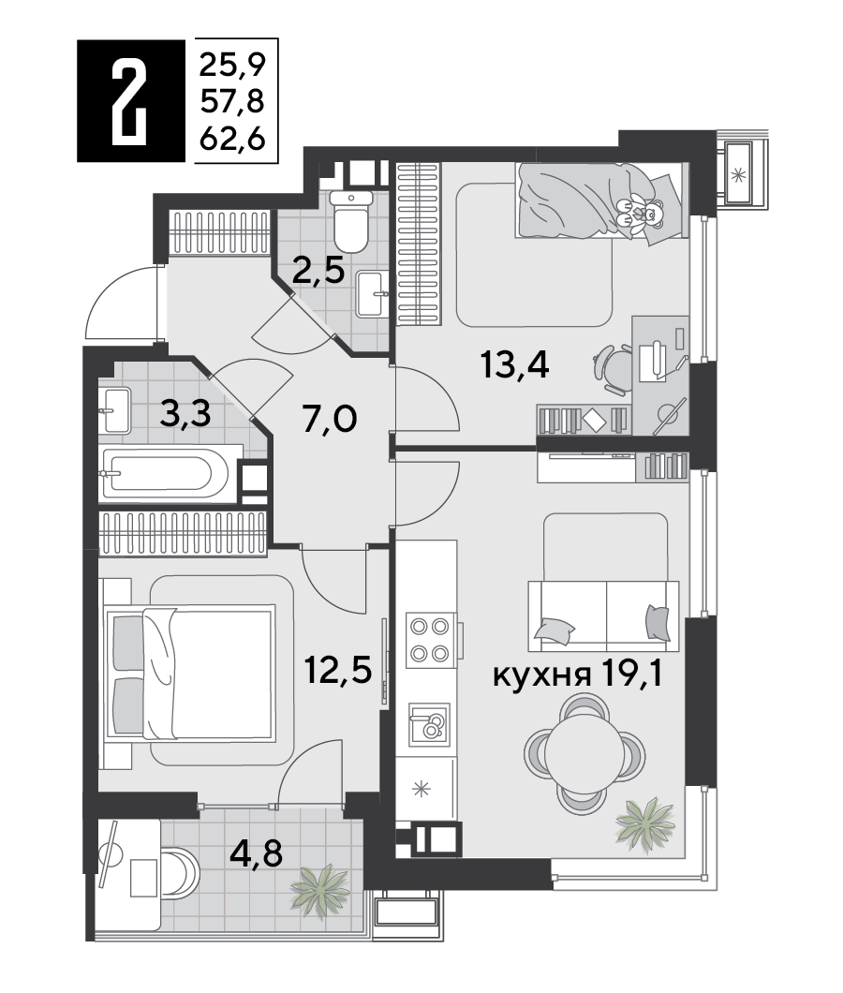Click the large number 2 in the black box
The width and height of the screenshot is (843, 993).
pyautogui.click(x=129, y=101)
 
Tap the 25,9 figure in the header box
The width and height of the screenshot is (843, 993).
pyautogui.click(x=231, y=64)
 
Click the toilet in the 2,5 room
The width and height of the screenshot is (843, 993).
pyautogui.click(x=351, y=222)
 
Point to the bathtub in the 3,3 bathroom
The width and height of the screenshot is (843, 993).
pyautogui.click(x=166, y=474)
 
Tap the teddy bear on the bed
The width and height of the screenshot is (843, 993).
pyautogui.click(x=641, y=212)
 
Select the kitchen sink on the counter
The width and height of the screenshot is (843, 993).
pyautogui.click(x=429, y=724)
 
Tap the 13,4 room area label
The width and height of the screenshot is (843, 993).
pyautogui.click(x=514, y=365)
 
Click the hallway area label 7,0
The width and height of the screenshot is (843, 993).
pyautogui.click(x=330, y=420)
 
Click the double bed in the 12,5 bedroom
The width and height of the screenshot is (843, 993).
pyautogui.click(x=190, y=673)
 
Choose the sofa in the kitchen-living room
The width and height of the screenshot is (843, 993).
pyautogui.click(x=603, y=615)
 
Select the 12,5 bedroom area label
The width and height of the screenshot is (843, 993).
pyautogui.click(x=338, y=671)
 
